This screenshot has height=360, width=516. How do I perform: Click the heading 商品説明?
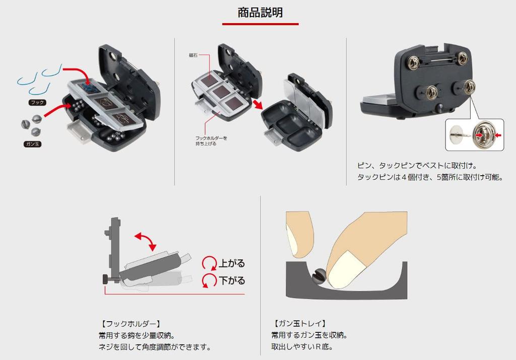tap(260, 12)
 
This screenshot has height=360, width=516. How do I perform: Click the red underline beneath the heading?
tap(260, 24)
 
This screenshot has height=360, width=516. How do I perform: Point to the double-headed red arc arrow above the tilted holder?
tap(147, 241)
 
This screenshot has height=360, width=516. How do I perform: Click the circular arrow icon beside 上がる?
tap(209, 263)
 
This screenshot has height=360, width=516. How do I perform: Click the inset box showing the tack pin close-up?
tap(474, 134)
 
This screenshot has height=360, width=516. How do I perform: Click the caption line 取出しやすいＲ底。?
tap(302, 347)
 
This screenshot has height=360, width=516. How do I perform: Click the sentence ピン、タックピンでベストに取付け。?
tap(417, 165)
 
